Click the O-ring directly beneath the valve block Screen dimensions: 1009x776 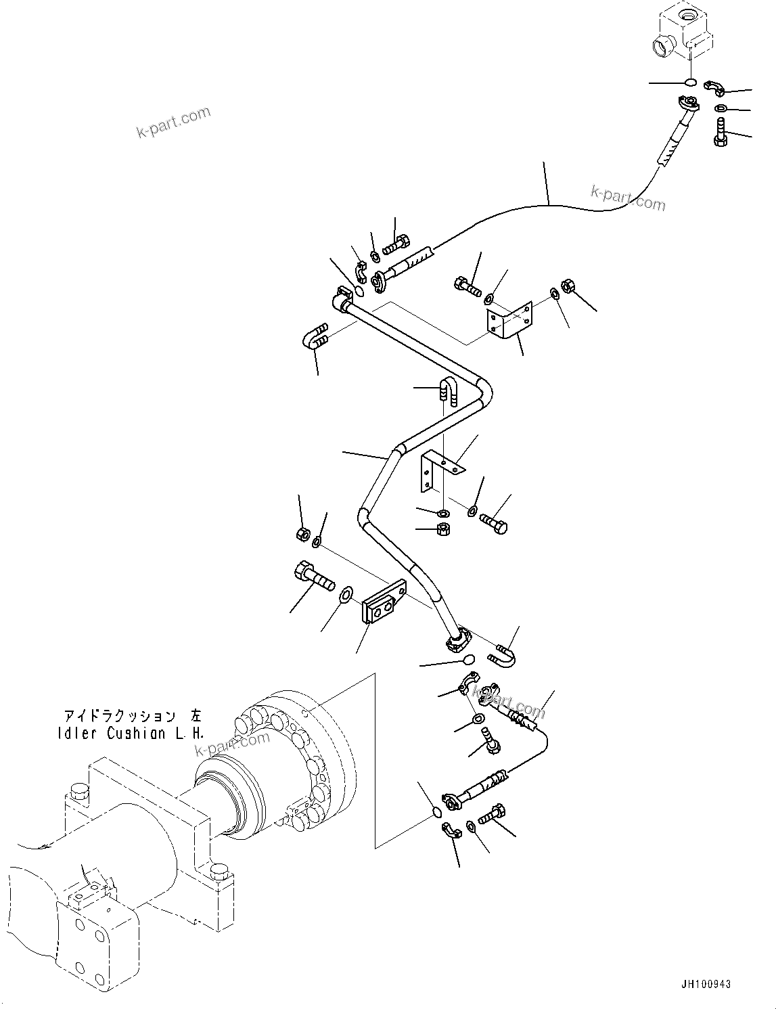690,83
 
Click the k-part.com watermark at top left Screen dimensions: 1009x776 174,122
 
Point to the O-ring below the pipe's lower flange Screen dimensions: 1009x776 467,660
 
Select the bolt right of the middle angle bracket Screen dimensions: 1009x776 494,524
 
